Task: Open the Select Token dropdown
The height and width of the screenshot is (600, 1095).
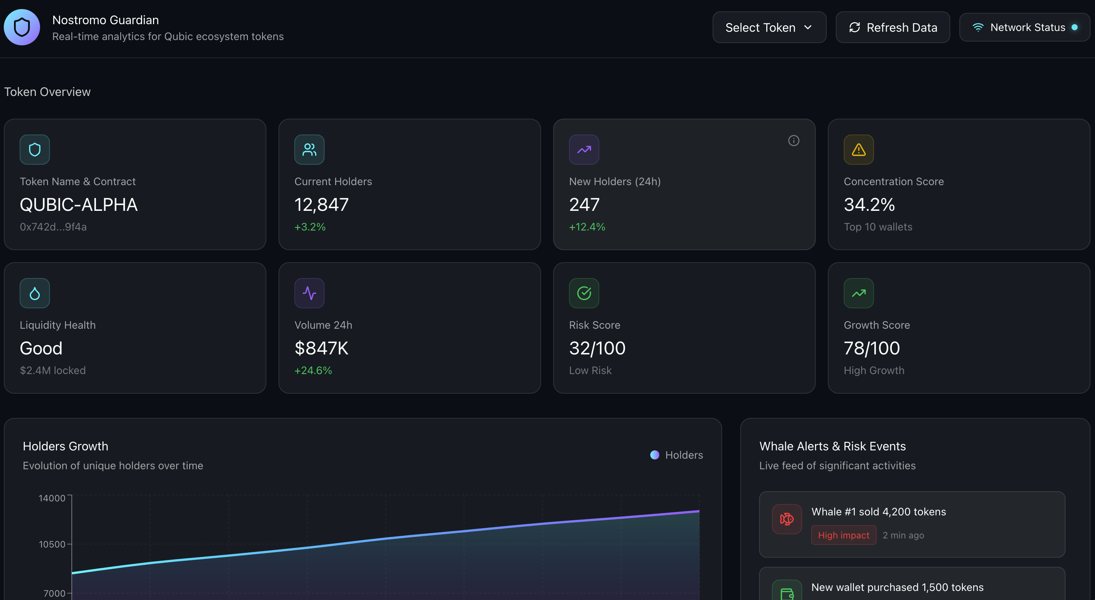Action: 769,28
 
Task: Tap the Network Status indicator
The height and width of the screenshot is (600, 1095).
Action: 1024,28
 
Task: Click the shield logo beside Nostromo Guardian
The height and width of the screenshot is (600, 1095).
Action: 22,28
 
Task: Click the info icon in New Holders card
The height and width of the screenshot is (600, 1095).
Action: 793,141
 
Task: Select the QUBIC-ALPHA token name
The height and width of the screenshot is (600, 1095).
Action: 79,205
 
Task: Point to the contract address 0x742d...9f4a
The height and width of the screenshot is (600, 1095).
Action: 53,227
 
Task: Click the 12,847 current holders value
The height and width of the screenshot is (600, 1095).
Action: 321,205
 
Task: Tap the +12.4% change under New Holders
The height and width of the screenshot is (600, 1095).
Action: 586,227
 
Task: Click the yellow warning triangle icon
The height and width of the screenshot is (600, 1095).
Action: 858,150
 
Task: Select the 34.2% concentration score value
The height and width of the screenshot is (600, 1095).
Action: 869,205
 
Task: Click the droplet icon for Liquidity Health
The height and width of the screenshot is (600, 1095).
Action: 34,293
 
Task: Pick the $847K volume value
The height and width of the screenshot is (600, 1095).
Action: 321,348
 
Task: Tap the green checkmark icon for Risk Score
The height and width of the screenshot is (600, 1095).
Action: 584,293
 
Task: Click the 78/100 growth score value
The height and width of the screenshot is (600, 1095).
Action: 871,348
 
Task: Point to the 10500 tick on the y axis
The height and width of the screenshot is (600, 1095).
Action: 52,544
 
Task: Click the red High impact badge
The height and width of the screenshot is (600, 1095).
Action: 843,535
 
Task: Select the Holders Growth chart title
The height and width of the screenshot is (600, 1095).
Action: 65,446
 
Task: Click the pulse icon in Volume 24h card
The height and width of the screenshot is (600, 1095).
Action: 309,293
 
